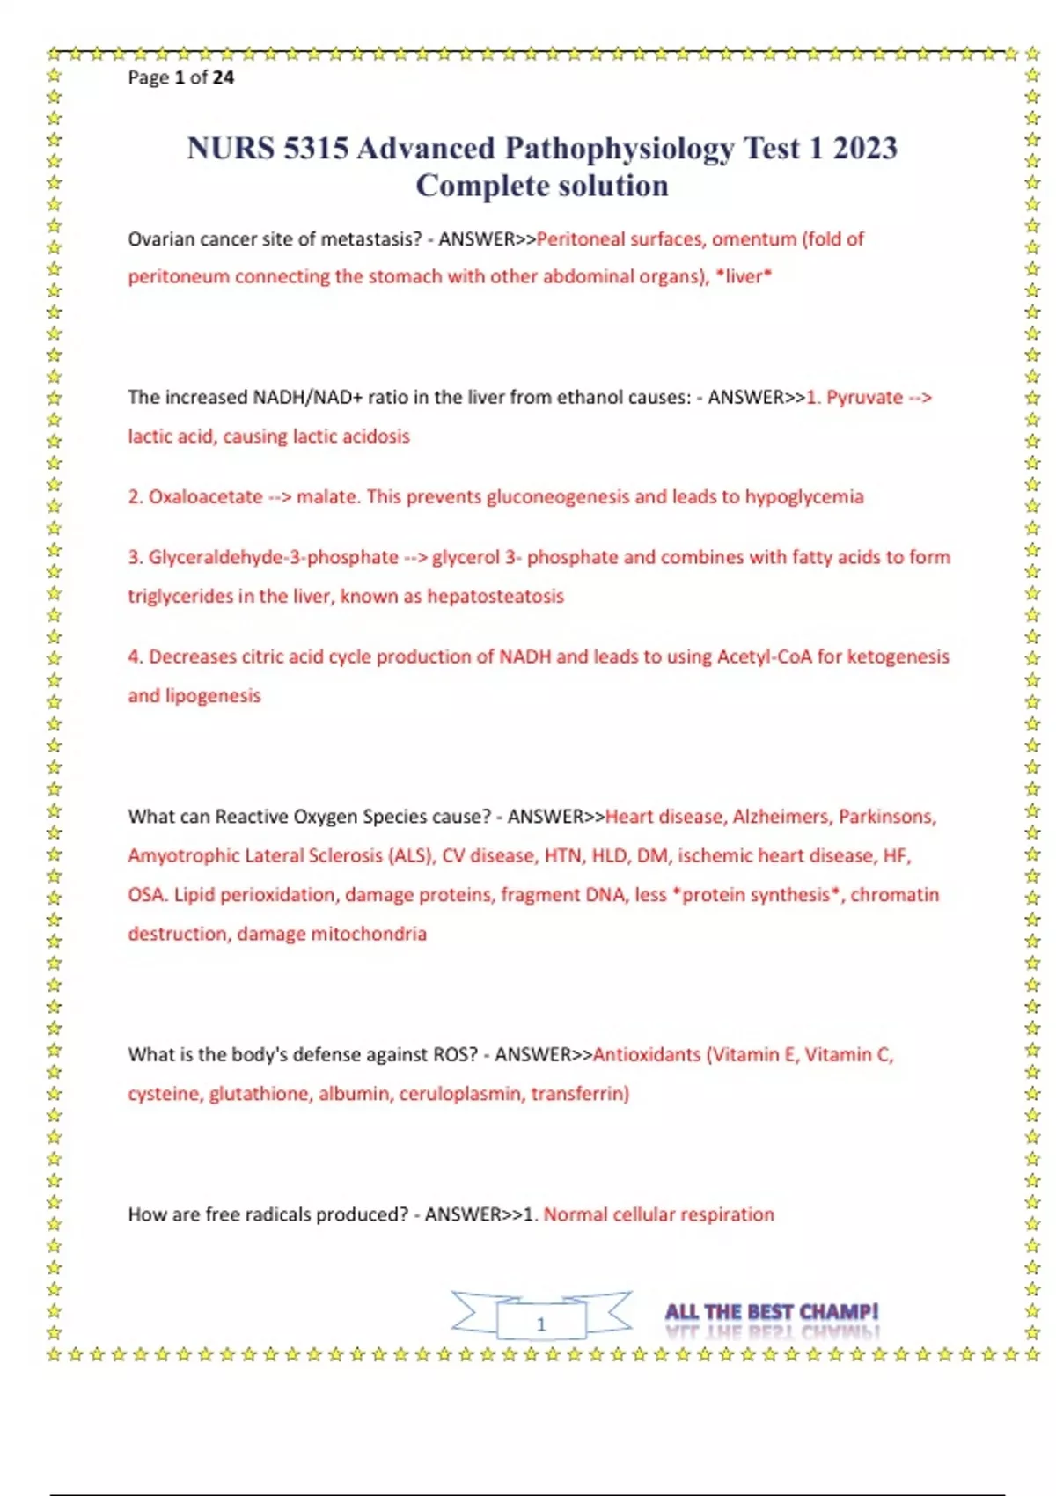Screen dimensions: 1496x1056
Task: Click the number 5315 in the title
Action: [x=316, y=148]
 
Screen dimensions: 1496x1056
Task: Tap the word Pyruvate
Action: [x=864, y=398]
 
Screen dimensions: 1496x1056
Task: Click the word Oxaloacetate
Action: [x=205, y=497]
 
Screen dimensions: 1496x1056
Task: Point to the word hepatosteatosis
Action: [x=495, y=597]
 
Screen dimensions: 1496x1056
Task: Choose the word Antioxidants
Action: [x=647, y=1055]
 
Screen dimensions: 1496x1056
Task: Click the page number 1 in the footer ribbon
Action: [x=541, y=1324]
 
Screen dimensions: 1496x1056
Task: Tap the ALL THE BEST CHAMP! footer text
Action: [x=771, y=1312]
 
